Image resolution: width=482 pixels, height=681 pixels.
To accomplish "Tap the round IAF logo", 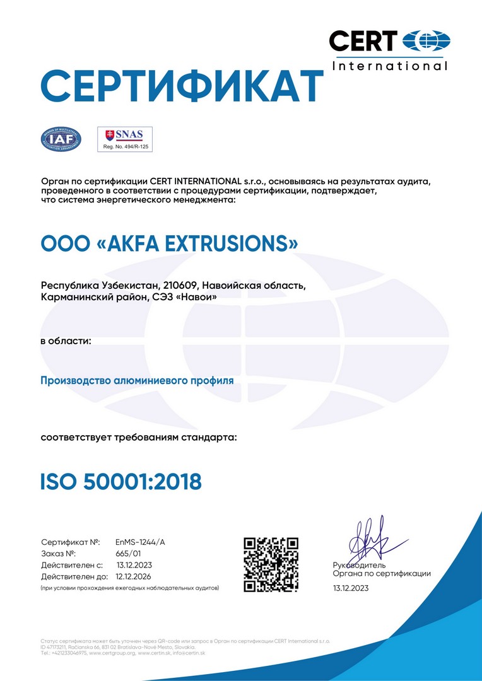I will point(61,139).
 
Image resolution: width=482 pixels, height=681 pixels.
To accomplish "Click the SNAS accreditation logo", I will point(124,135).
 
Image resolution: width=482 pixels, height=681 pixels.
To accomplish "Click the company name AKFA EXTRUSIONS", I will point(170,243).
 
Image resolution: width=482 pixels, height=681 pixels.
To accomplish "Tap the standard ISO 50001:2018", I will point(121,482).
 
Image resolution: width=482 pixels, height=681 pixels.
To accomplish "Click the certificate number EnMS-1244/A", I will point(140,542).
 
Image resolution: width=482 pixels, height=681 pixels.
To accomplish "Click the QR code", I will point(271,564).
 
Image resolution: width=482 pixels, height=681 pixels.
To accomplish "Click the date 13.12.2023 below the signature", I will point(351,588).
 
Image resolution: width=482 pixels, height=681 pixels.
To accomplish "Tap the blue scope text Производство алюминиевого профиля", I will point(137,381).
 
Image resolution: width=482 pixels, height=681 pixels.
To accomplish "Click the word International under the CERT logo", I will point(389,66).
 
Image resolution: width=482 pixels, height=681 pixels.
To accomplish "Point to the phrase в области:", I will point(66,341).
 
